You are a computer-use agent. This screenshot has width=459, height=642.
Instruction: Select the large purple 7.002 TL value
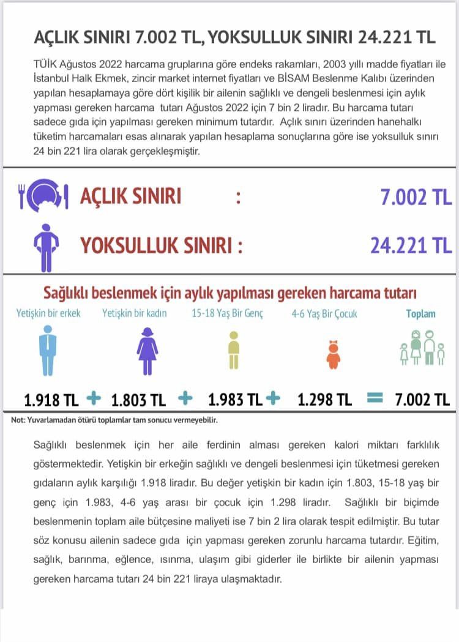[x=416, y=197]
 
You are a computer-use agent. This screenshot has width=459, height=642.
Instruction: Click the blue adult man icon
[x=48, y=350]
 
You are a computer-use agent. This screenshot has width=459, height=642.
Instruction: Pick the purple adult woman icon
[x=147, y=350]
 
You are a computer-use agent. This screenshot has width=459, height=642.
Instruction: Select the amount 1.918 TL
[x=51, y=401]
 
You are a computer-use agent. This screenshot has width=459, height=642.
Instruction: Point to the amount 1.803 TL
[x=138, y=401]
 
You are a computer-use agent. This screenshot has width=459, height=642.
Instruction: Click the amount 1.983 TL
[x=235, y=400]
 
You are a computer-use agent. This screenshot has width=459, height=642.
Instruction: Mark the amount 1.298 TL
[x=324, y=400]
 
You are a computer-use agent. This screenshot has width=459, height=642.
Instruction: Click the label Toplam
[x=421, y=313]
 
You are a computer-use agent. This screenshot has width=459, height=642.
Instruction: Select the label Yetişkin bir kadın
[x=135, y=313]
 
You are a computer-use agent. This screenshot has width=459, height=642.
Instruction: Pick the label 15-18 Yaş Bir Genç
[x=227, y=313]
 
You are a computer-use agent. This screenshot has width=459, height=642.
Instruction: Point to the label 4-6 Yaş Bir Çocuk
[x=324, y=314]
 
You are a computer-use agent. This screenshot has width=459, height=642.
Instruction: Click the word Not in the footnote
[x=18, y=420]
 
